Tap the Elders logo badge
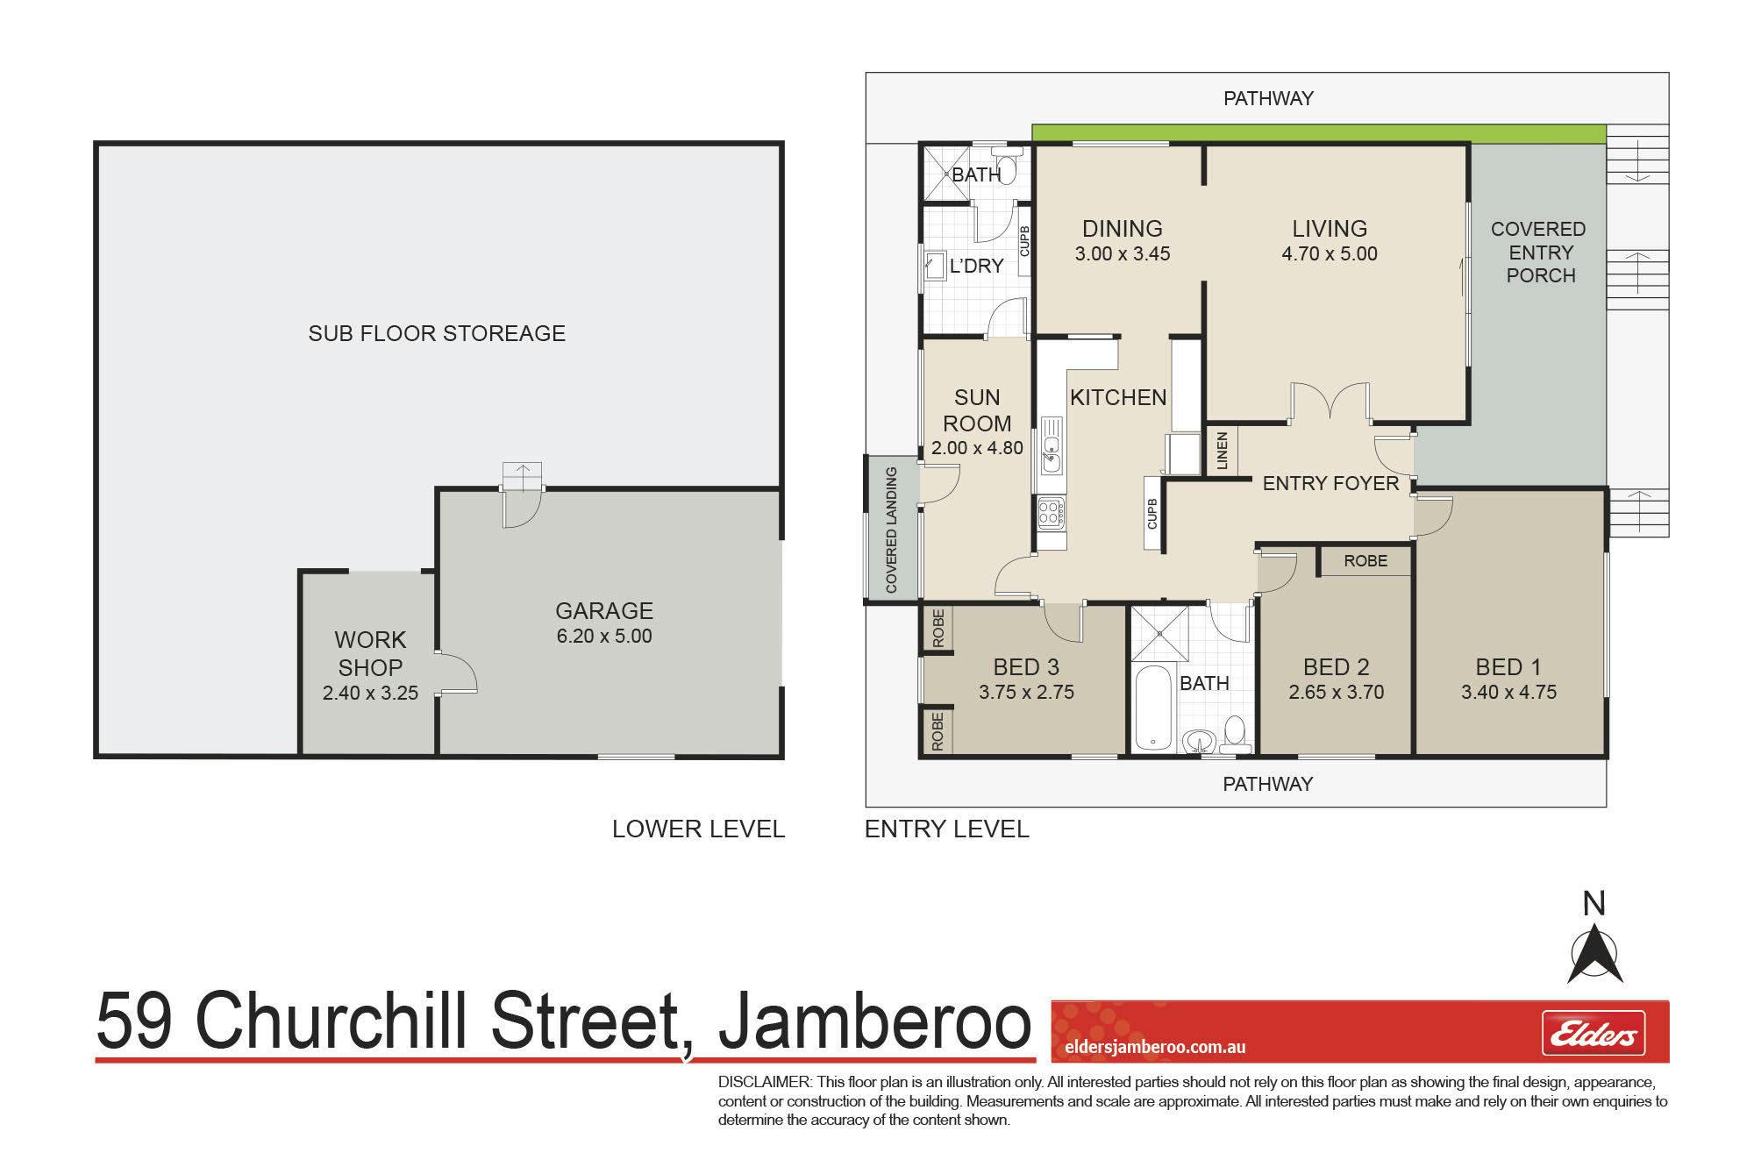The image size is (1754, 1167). pyautogui.click(x=1594, y=1034)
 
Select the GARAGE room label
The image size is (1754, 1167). pyautogui.click(x=604, y=610)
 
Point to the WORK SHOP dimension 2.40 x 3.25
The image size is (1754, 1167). pyautogui.click(x=370, y=693)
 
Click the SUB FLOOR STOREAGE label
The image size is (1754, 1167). pyautogui.click(x=437, y=333)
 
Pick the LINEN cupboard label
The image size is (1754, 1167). pyautogui.click(x=1223, y=451)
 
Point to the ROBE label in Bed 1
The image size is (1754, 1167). pyautogui.click(x=1365, y=560)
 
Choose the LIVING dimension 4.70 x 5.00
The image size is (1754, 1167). pyautogui.click(x=1330, y=254)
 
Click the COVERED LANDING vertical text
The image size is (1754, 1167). pyautogui.click(x=892, y=530)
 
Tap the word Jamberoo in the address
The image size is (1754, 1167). pyautogui.click(x=874, y=1021)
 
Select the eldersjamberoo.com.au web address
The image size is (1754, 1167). pyautogui.click(x=1154, y=1047)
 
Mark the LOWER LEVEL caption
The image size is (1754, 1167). pyautogui.click(x=698, y=829)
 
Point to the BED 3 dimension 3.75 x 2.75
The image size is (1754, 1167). pyautogui.click(x=1027, y=693)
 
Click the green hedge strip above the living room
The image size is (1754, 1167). pyautogui.click(x=1318, y=133)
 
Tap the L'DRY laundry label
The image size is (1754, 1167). pyautogui.click(x=977, y=266)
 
